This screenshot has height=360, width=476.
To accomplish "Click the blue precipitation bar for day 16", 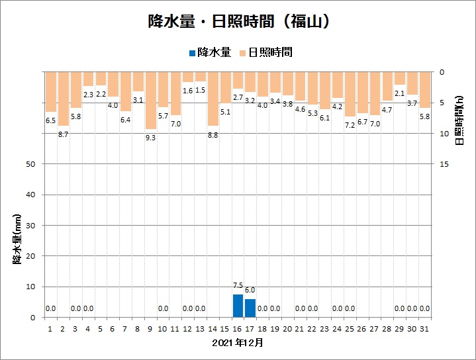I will [x=238, y=306].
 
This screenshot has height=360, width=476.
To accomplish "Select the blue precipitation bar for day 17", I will [x=250, y=308].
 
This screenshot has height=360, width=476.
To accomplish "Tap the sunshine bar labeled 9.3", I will [x=151, y=100].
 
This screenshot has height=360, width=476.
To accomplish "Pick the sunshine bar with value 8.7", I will [x=63, y=98].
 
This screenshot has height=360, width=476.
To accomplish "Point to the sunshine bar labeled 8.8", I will [x=213, y=98].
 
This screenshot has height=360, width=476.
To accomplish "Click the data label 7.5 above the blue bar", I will [x=238, y=286].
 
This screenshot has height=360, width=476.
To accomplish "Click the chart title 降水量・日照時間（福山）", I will [x=238, y=22].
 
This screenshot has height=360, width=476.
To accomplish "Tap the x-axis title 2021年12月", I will [x=238, y=343].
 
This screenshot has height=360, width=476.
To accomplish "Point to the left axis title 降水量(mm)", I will [x=17, y=236].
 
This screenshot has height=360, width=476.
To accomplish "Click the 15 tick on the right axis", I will [x=445, y=164].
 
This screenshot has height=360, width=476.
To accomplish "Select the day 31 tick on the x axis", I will [x=424, y=328].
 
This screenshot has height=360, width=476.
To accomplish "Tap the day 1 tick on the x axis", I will [x=50, y=328].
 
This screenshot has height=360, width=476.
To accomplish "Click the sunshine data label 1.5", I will [x=200, y=90].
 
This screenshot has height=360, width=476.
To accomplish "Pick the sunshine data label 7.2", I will [x=350, y=125].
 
